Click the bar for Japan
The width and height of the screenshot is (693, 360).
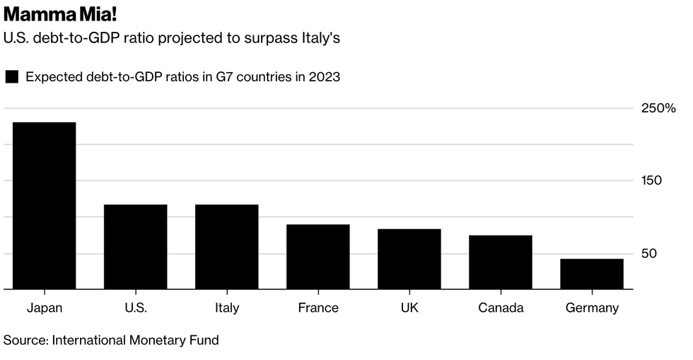45,205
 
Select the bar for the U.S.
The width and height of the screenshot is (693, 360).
136,246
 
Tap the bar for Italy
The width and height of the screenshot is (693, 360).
227,246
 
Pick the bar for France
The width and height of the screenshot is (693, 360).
318,256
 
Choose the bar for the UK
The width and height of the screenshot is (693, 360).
409,258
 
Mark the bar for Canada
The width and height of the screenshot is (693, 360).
501,262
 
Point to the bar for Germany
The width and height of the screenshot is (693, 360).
592,274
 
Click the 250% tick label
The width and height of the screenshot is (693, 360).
658,108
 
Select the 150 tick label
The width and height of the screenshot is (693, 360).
651,180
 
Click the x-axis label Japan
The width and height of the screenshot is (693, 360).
45,308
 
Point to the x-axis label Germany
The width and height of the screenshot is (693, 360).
592,308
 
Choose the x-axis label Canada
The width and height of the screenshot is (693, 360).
501,308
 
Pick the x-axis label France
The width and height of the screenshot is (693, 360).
318,308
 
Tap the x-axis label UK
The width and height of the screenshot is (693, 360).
409,308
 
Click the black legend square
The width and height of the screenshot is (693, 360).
11,77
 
